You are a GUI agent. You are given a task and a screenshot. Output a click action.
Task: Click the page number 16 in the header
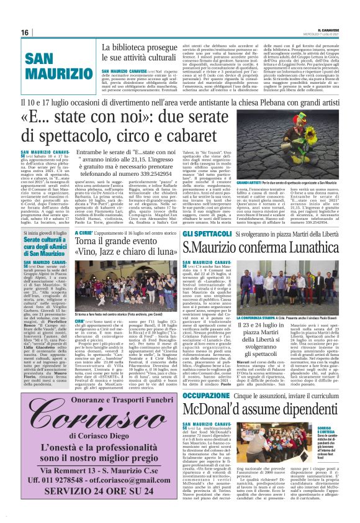pyautogui.click(x=25, y=32)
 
